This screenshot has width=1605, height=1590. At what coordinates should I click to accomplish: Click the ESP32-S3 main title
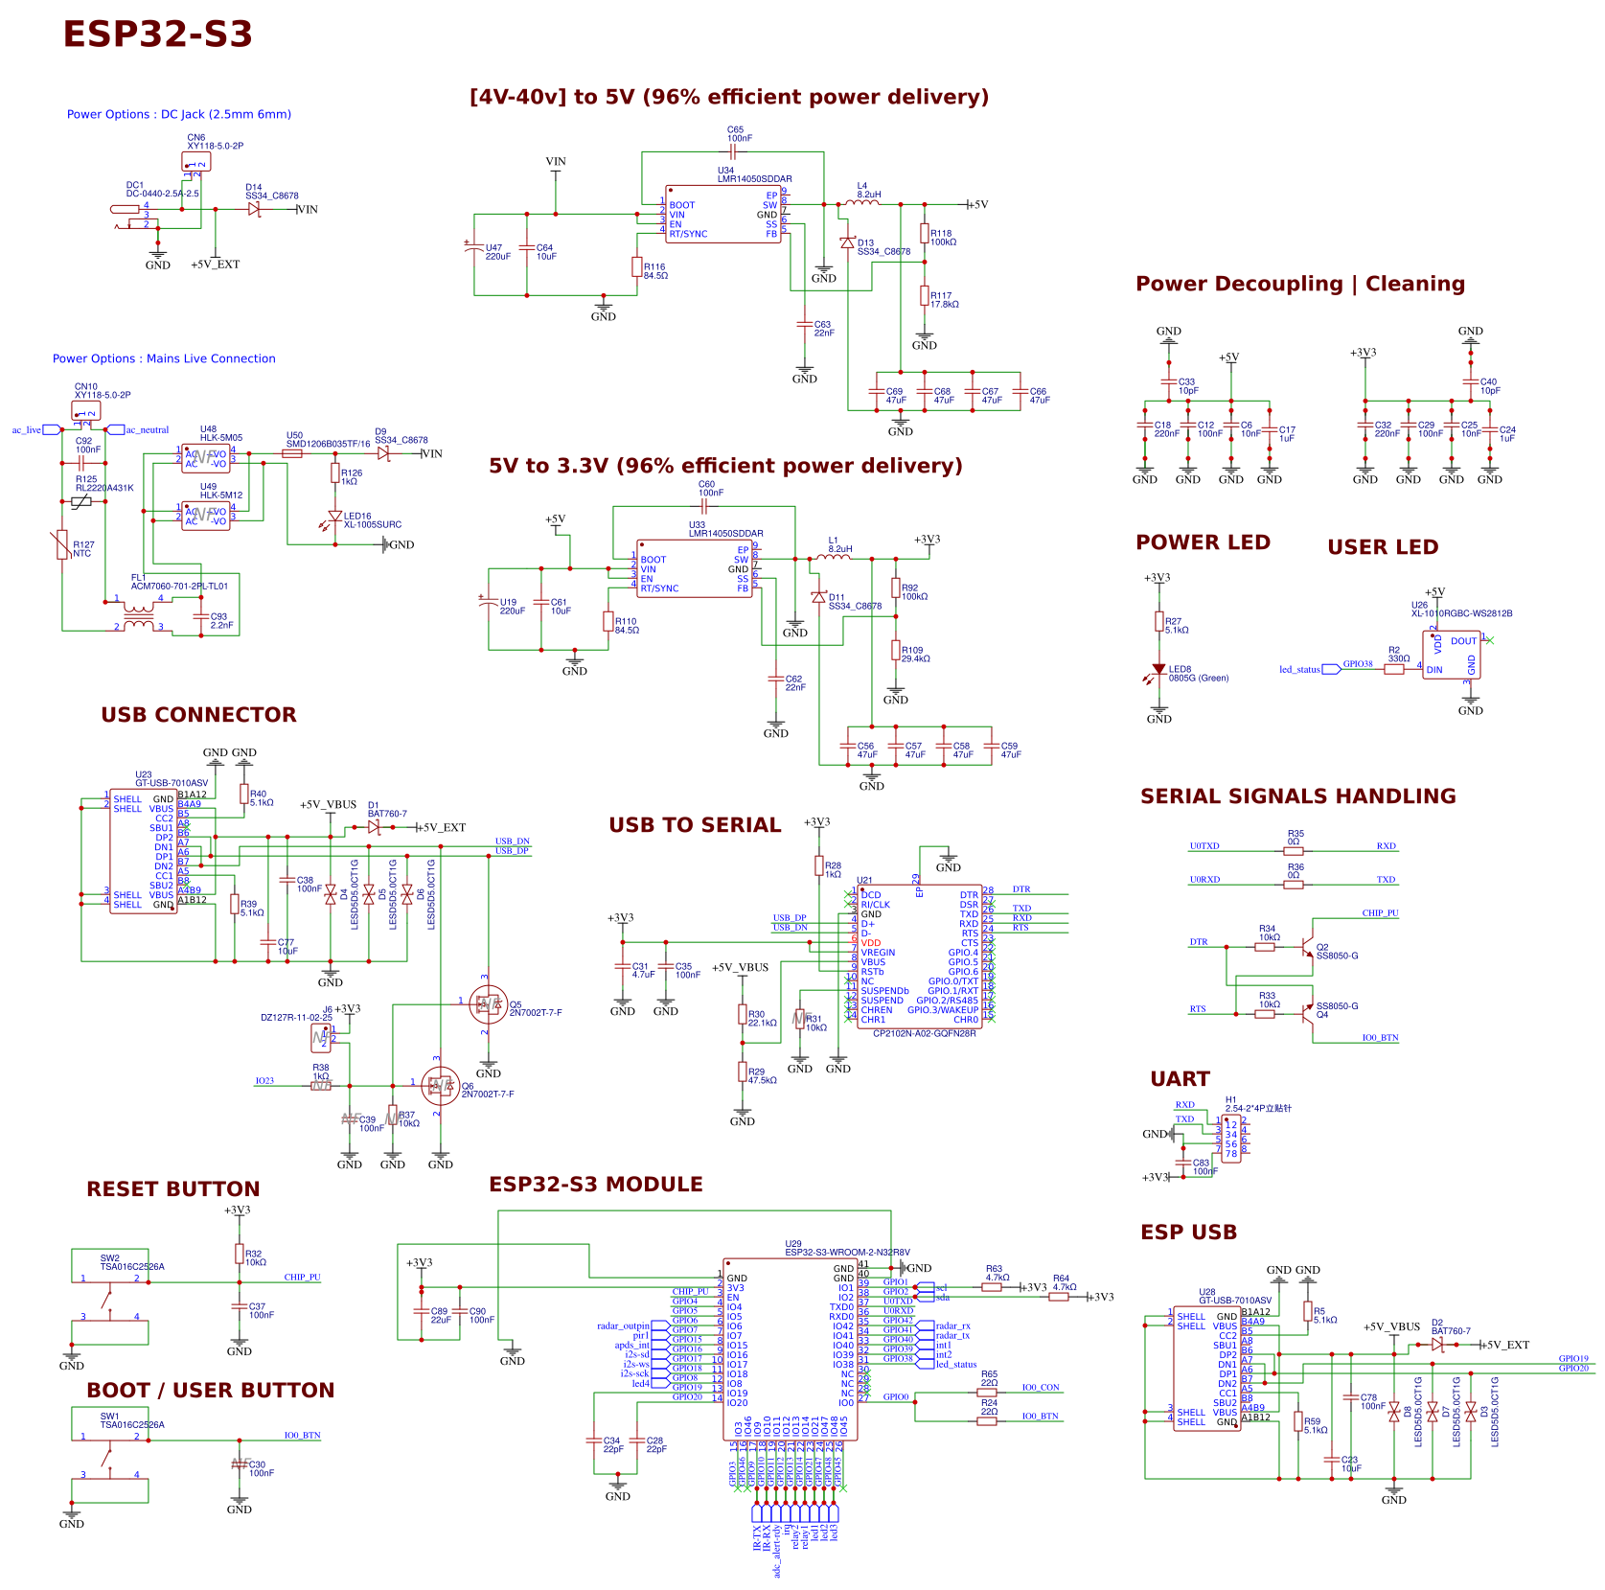[x=157, y=35]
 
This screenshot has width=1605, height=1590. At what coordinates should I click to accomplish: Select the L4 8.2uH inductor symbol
[x=861, y=203]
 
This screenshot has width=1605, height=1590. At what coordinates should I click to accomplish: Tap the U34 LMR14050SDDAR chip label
[x=755, y=178]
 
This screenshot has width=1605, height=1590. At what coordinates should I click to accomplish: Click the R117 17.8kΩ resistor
[x=925, y=296]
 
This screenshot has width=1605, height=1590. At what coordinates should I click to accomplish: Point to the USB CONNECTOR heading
[x=198, y=715]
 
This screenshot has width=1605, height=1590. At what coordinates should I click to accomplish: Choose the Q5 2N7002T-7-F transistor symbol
[x=489, y=1004]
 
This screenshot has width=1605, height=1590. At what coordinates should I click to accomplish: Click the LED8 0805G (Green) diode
[x=1159, y=670]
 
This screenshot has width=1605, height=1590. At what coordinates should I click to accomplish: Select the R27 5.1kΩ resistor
[x=1159, y=622]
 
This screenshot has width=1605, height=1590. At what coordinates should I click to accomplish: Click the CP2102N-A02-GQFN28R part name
[x=924, y=1033]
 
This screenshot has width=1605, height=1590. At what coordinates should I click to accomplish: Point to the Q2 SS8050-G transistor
[x=1307, y=948]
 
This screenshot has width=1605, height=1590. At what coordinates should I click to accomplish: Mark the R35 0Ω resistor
[x=1294, y=850]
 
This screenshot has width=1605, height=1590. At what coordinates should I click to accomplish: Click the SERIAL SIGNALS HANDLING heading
[x=1297, y=796]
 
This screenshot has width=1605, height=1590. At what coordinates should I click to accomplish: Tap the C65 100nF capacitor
[x=734, y=150]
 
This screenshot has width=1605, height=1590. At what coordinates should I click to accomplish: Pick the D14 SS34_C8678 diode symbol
[x=254, y=209]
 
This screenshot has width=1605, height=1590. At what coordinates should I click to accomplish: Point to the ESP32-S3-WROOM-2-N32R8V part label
[x=847, y=1252]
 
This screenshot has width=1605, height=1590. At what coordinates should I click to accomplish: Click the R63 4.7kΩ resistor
[x=992, y=1287]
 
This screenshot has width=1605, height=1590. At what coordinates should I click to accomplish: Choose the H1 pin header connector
[x=1231, y=1139]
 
